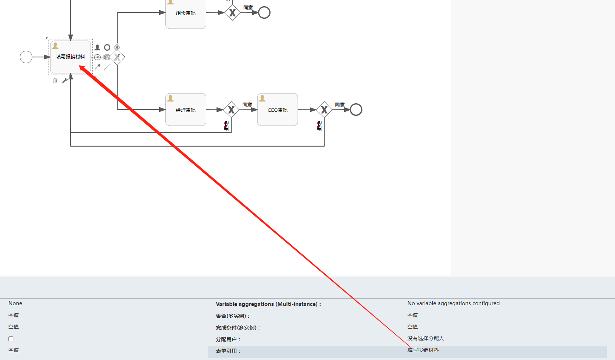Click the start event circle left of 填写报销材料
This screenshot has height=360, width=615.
(26, 57)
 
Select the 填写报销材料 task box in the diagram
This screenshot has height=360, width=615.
(70, 57)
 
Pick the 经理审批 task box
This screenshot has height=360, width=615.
(186, 110)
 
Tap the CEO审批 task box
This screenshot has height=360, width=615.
(278, 110)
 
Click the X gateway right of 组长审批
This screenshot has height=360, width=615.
(232, 13)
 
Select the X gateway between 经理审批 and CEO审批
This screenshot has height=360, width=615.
(231, 110)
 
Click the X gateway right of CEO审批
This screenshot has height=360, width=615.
(324, 110)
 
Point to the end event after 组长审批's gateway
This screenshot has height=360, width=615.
(264, 13)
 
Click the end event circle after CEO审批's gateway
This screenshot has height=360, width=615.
(356, 110)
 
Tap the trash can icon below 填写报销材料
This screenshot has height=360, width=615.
(55, 81)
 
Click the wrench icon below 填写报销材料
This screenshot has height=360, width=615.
(65, 81)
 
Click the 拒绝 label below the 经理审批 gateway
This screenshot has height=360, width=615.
(226, 126)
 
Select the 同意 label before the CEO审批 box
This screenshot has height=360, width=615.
(247, 105)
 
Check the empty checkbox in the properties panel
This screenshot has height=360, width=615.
(11, 339)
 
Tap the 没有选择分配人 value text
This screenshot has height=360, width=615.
(425, 338)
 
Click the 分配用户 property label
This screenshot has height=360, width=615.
(228, 339)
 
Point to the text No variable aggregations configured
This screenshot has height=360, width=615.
(453, 303)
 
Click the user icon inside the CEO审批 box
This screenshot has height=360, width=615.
(262, 98)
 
